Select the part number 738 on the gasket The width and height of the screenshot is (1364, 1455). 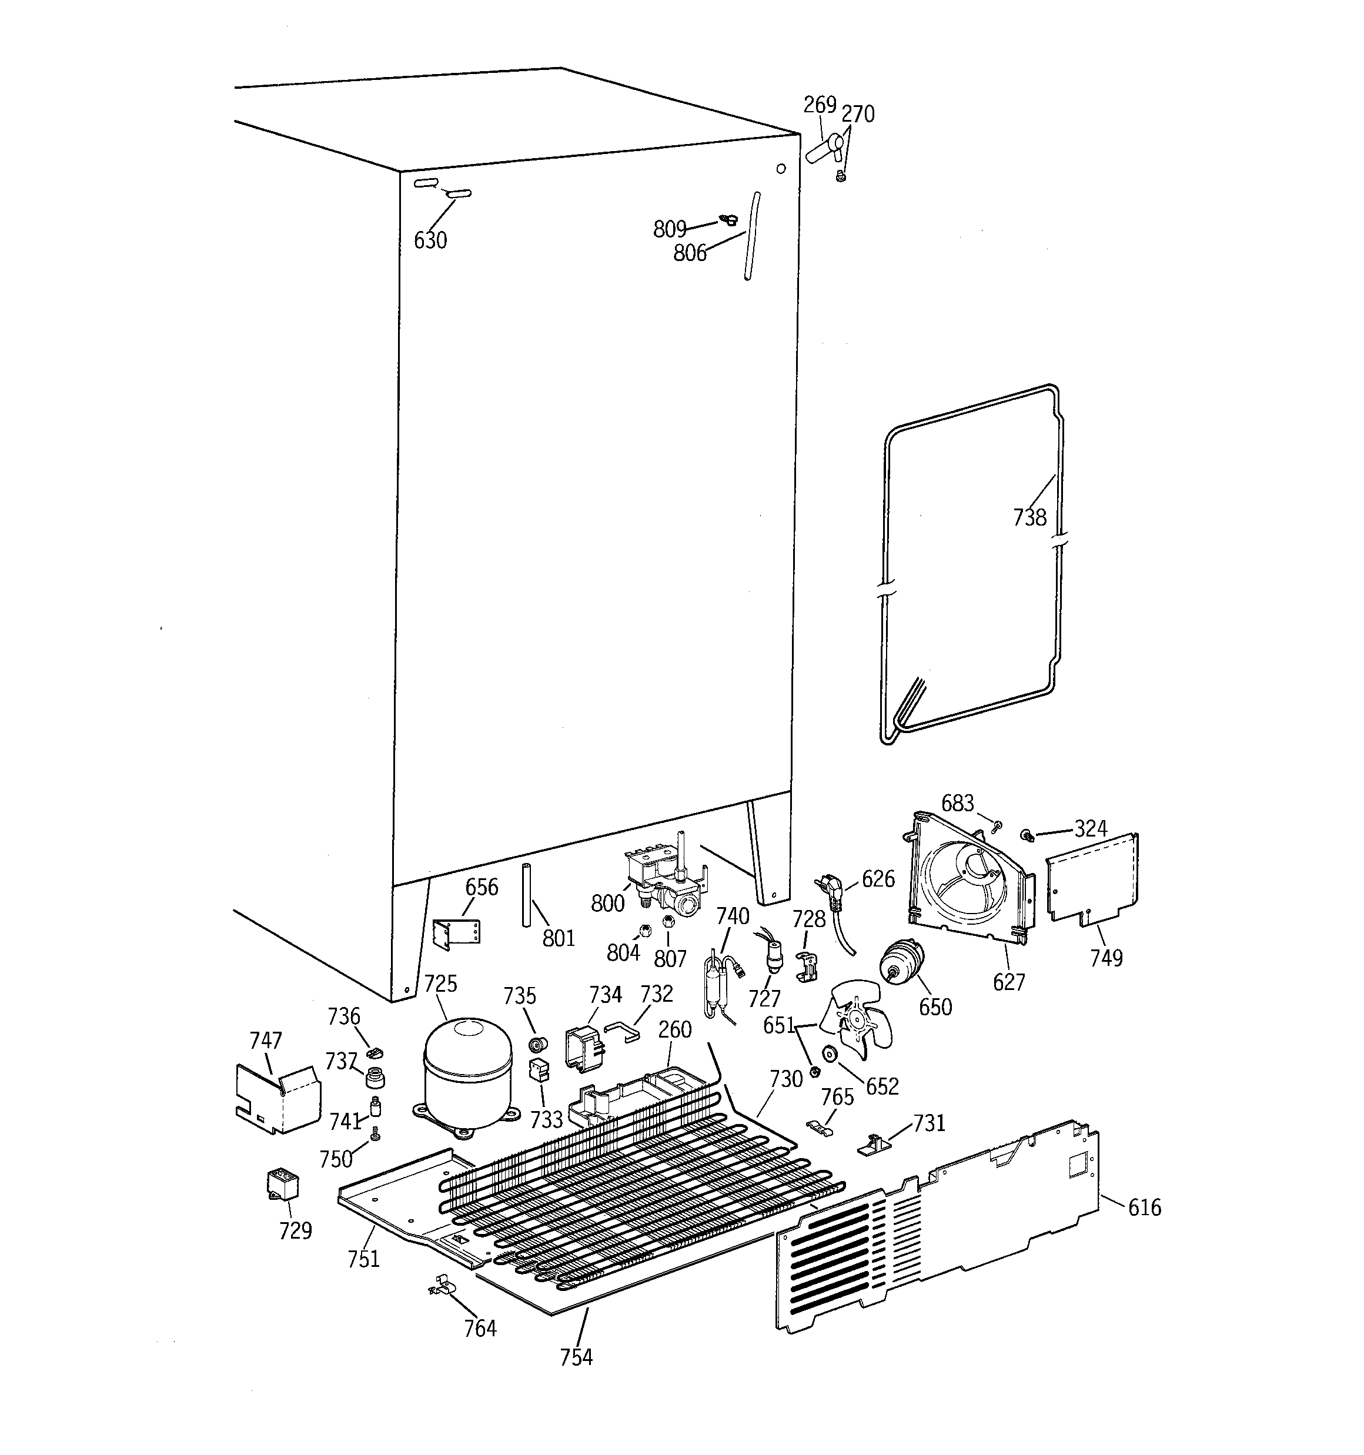pos(1029,517)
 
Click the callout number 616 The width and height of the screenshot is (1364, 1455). pos(1144,1207)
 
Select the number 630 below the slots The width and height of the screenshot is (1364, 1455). pos(430,240)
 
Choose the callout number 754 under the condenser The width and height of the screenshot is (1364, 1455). pos(576,1357)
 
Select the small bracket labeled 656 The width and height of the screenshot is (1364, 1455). pos(456,933)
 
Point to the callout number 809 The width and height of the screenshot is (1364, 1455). pos(669,229)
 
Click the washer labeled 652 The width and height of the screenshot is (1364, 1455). pos(830,1055)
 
